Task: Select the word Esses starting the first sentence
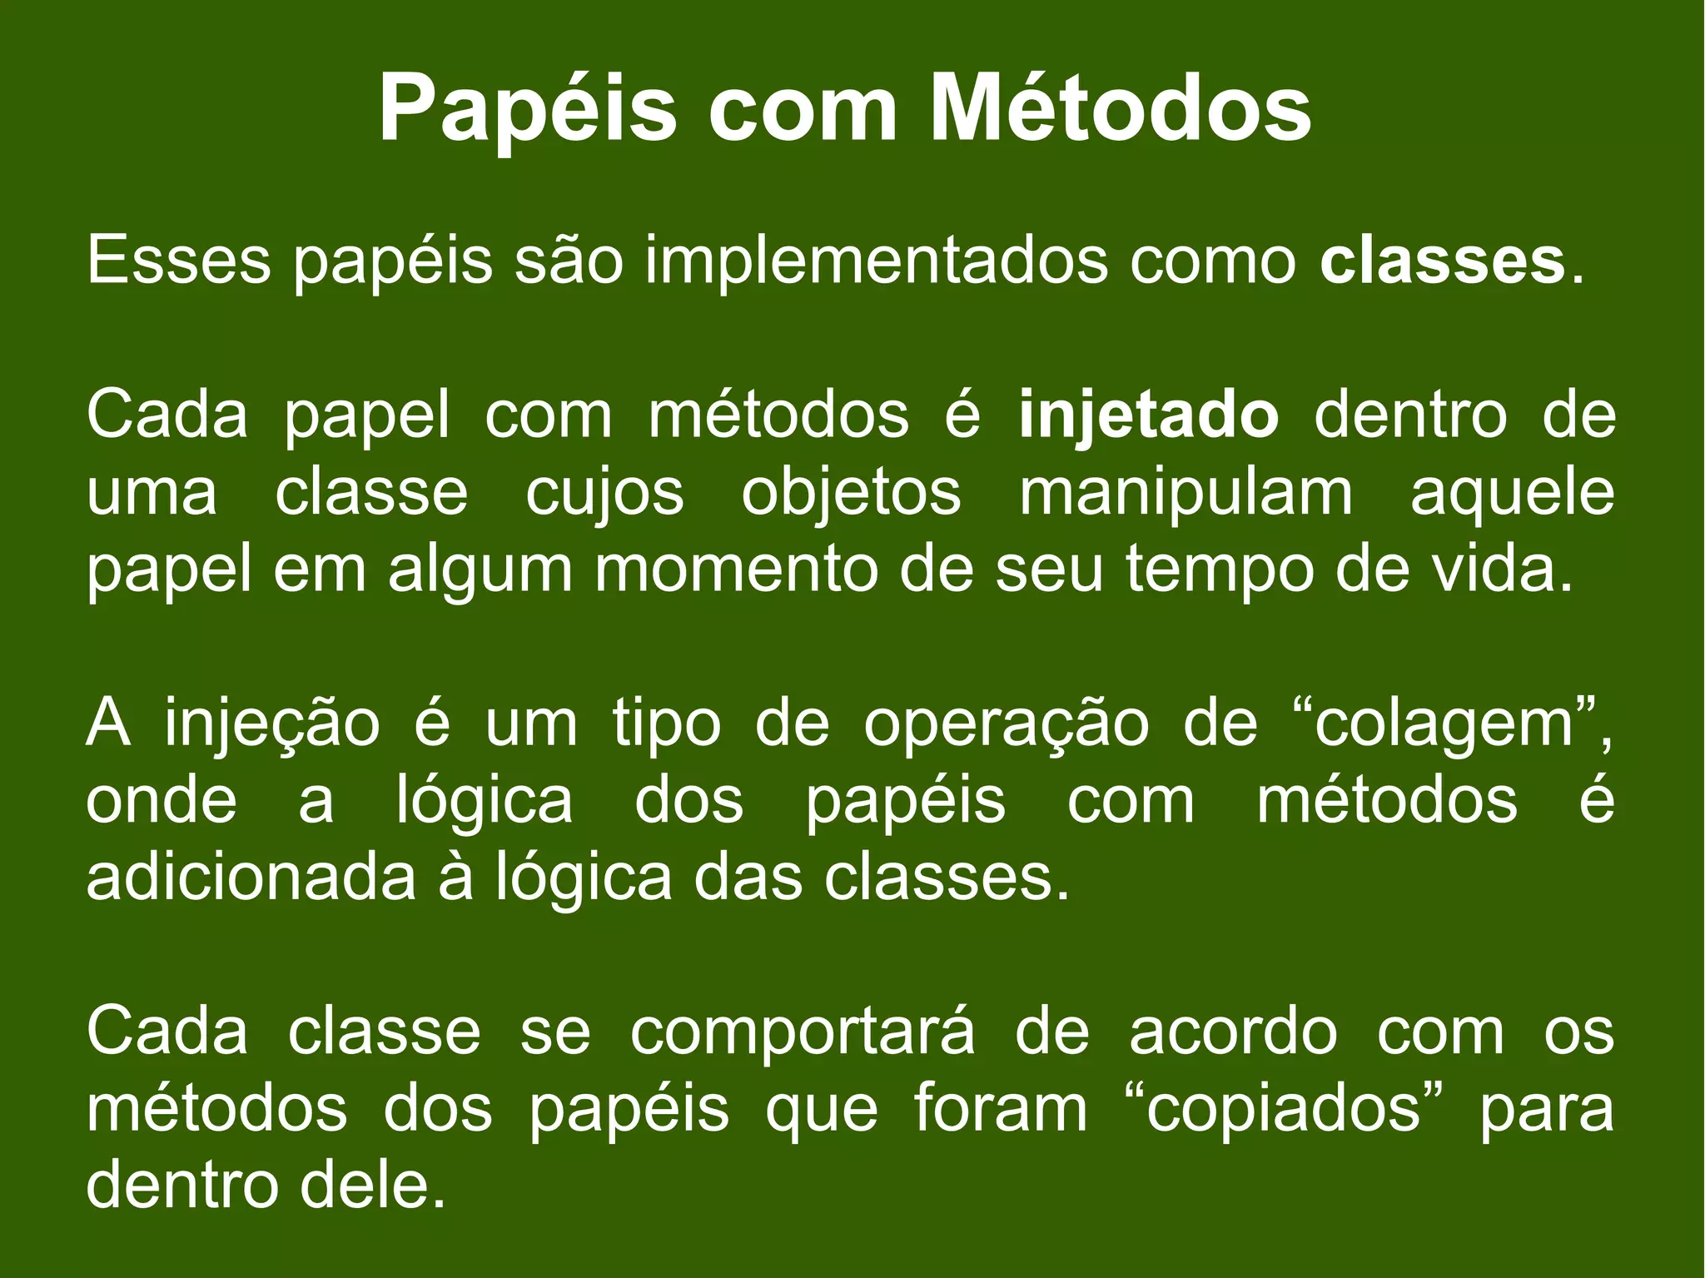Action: (178, 261)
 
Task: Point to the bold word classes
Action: (1443, 261)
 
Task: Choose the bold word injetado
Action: (1149, 415)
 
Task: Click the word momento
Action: (737, 570)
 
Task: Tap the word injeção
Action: (272, 724)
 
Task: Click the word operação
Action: (1006, 724)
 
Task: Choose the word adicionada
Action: (251, 878)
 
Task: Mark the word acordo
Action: (1233, 1032)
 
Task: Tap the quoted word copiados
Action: (1283, 1111)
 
